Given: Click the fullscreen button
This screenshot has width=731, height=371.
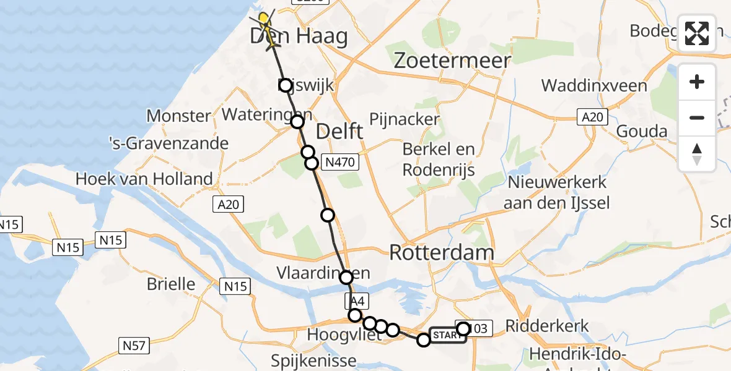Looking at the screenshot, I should pyautogui.click(x=697, y=33).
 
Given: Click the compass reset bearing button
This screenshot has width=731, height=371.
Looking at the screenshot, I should pyautogui.click(x=697, y=154).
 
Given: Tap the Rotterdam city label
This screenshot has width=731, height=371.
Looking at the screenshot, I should pyautogui.click(x=442, y=252).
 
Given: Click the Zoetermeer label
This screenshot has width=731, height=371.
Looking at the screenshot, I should pyautogui.click(x=453, y=61).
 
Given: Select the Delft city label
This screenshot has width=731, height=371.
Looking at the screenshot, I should pyautogui.click(x=339, y=132).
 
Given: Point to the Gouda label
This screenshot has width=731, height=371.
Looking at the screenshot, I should pyautogui.click(x=641, y=131).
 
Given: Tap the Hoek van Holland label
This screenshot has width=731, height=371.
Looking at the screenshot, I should pyautogui.click(x=144, y=179).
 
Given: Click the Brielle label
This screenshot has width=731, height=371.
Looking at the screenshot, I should pyautogui.click(x=171, y=284).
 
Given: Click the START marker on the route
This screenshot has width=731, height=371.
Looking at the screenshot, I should pyautogui.click(x=447, y=335).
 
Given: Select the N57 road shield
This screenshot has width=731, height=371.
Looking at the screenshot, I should pyautogui.click(x=134, y=345).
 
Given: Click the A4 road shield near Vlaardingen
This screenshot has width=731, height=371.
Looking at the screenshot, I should pyautogui.click(x=357, y=302).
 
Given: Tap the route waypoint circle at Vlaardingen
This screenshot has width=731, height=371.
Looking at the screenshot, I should pyautogui.click(x=346, y=278).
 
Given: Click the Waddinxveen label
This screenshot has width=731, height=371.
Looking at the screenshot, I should pyautogui.click(x=594, y=85).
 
